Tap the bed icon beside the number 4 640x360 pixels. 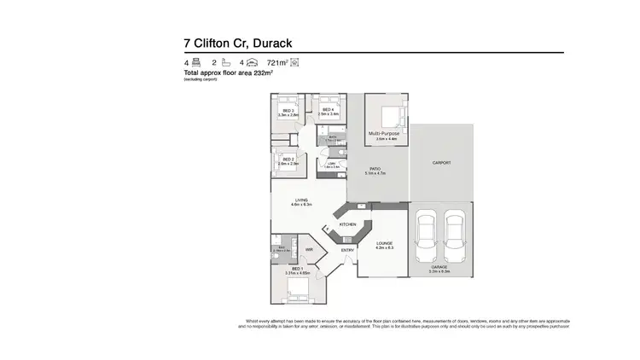click(195, 63)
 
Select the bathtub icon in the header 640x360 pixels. click(225, 63)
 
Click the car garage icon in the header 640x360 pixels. click(253, 63)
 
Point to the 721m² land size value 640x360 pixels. click(277, 63)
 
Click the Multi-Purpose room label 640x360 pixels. click(383, 134)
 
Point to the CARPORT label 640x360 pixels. click(440, 162)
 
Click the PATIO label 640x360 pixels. click(375, 169)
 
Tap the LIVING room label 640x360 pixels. click(301, 200)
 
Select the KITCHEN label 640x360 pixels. click(347, 224)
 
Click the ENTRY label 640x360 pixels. click(347, 250)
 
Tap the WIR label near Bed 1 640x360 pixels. click(309, 250)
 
